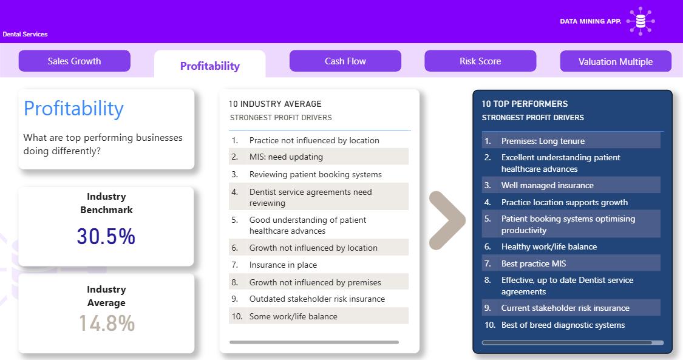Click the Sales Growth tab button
click(x=75, y=61)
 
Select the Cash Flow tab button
click(x=345, y=61)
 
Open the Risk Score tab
click(x=480, y=61)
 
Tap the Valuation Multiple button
click(x=616, y=61)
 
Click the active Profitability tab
click(x=210, y=66)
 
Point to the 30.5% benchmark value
click(x=106, y=236)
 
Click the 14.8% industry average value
click(x=107, y=323)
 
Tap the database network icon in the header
click(x=641, y=21)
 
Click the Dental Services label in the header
click(x=25, y=34)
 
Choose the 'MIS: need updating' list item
click(x=286, y=157)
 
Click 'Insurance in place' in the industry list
click(x=283, y=265)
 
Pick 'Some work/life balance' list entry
click(x=293, y=316)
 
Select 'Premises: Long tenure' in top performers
click(x=543, y=141)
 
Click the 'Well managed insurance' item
click(x=547, y=185)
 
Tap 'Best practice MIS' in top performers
click(x=534, y=263)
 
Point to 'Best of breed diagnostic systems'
click(x=563, y=325)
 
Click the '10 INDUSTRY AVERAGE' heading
click(x=275, y=104)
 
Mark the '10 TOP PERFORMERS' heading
click(x=525, y=104)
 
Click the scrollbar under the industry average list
click(x=314, y=342)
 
